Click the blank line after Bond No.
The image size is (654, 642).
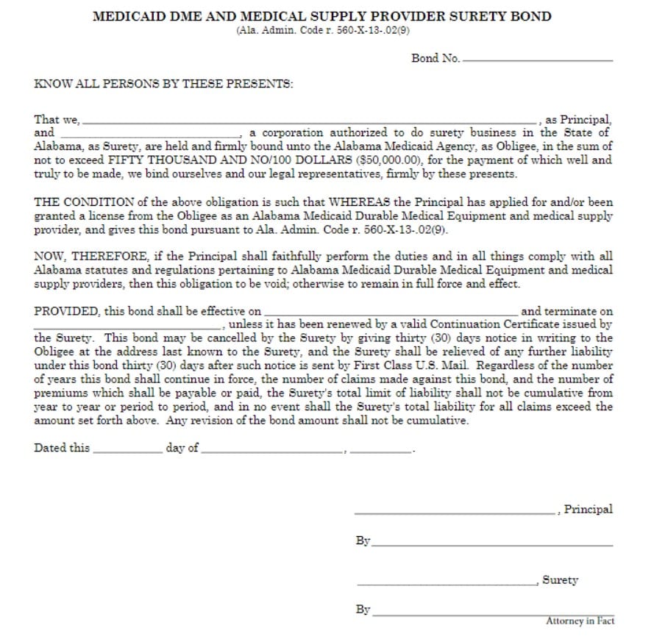[x=538, y=59]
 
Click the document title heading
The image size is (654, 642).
[x=321, y=16]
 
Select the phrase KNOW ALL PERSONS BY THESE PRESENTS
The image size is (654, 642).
[x=163, y=83]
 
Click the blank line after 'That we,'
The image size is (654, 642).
[x=310, y=120]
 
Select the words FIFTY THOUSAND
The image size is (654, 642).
[x=154, y=160]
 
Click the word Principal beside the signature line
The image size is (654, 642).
[x=588, y=509]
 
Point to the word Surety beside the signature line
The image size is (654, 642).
[x=561, y=580]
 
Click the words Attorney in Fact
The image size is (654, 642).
[x=580, y=621]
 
